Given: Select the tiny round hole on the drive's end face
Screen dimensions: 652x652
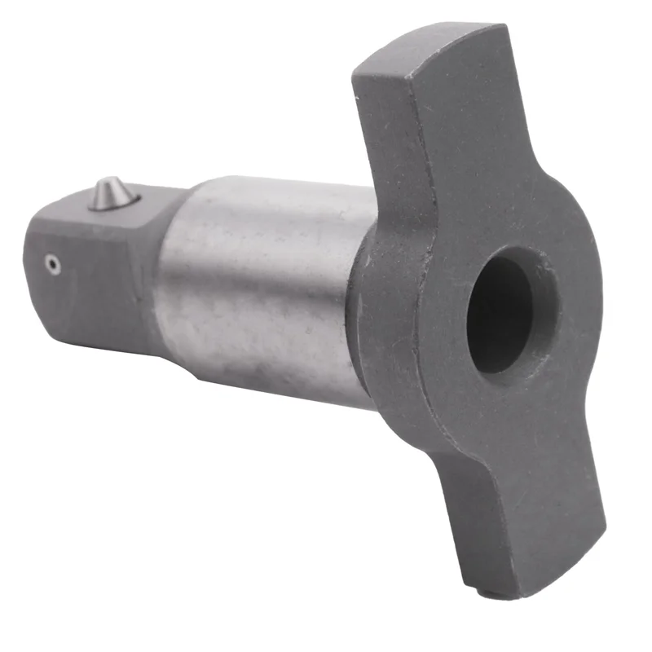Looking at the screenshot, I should tap(53, 263).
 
